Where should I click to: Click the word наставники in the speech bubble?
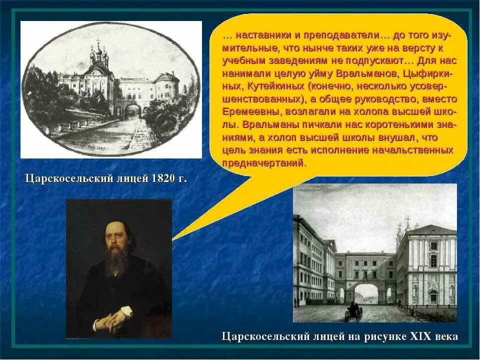pyautogui.click(x=259, y=36)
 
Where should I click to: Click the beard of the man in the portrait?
pyautogui.click(x=116, y=262)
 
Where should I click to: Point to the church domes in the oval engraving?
pyautogui.click(x=99, y=54)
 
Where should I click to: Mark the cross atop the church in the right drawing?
pyautogui.click(x=407, y=220)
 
